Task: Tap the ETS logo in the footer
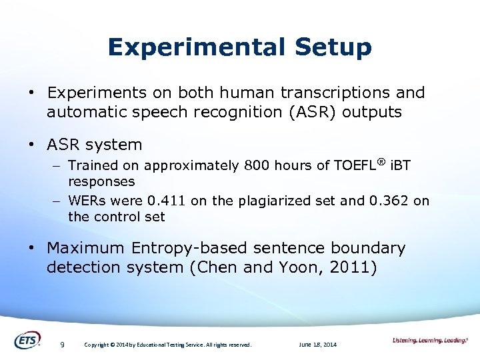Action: (27, 340)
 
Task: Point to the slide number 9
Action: (62, 345)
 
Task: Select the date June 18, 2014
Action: (318, 345)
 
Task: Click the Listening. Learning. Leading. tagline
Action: (430, 341)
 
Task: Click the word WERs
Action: (87, 201)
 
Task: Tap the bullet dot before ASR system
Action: (32, 145)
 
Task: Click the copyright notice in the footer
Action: (167, 345)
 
